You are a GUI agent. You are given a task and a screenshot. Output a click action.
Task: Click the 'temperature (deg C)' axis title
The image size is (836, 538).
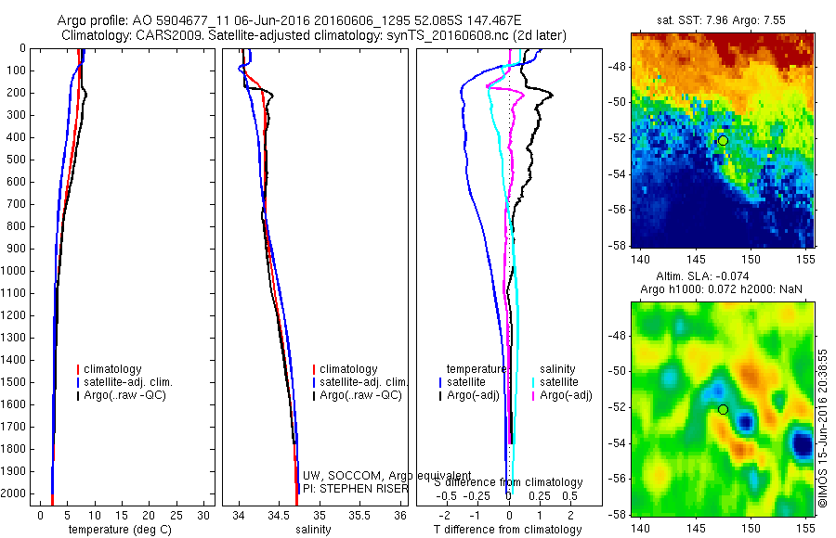pyautogui.click(x=116, y=530)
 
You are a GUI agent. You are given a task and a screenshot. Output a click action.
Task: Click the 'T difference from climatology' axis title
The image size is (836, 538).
pyautogui.click(x=508, y=530)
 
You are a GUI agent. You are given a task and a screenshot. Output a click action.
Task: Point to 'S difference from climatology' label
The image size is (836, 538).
pyautogui.click(x=509, y=483)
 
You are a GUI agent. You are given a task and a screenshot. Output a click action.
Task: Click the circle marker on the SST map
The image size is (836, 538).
pyautogui.click(x=723, y=140)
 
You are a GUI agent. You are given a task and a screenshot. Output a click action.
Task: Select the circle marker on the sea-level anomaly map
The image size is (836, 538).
pyautogui.click(x=723, y=409)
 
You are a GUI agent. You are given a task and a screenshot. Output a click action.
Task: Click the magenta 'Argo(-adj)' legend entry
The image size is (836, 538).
pyautogui.click(x=566, y=396)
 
